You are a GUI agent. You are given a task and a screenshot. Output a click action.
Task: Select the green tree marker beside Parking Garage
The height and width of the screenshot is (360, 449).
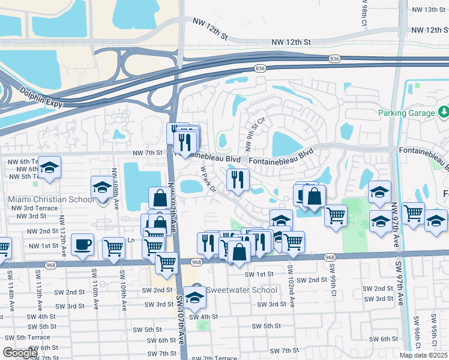[443, 112]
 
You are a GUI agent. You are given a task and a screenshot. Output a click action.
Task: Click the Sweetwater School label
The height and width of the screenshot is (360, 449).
[242, 290]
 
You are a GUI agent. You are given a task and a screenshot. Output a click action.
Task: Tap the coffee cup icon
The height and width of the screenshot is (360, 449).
[82, 244]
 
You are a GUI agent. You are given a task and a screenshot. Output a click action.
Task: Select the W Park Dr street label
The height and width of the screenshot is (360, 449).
[208, 179]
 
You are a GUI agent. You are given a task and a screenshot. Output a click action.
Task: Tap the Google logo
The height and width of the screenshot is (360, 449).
[20, 353]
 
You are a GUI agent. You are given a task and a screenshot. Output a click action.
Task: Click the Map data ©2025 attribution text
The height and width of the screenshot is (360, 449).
[424, 355]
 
